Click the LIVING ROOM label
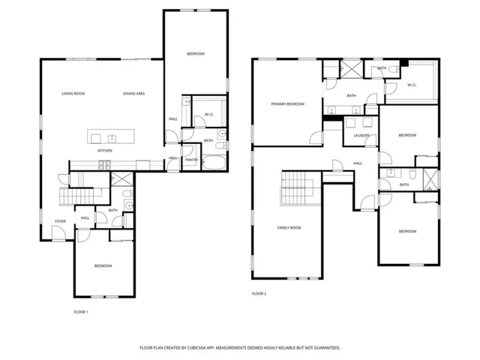point(73,93)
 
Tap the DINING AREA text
point(134,93)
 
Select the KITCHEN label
point(105,151)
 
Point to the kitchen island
point(112,137)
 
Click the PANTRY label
point(190,159)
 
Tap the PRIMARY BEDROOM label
point(288,103)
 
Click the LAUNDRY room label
point(353,135)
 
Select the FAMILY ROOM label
point(289,227)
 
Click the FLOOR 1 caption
point(80,311)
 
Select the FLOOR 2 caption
point(259,293)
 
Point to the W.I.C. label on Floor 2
point(412,85)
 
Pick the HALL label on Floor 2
point(358,163)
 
